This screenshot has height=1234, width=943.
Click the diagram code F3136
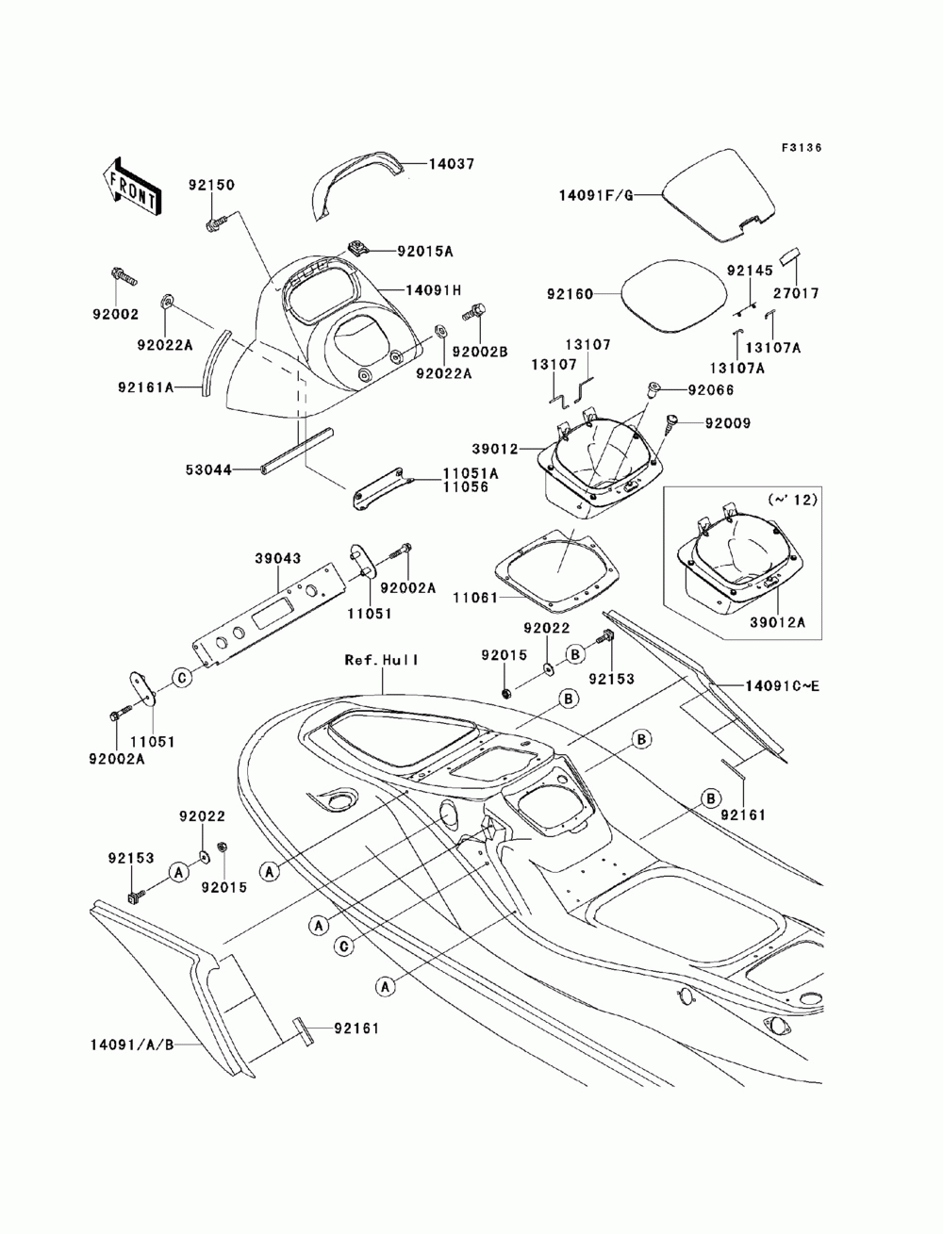[x=801, y=148]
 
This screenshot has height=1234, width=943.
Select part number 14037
[x=452, y=164]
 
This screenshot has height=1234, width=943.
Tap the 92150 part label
[x=211, y=185]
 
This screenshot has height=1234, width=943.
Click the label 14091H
[x=434, y=290]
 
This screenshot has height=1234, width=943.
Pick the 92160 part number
[x=570, y=294]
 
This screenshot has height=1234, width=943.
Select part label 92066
[x=711, y=389]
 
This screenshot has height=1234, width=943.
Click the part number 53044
[x=208, y=469]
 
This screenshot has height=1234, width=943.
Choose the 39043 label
[x=278, y=558]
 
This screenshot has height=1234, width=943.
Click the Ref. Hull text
[x=382, y=660]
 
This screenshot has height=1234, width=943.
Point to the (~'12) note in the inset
[x=792, y=500]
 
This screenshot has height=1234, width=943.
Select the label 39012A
[x=777, y=622]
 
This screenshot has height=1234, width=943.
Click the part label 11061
[x=475, y=598]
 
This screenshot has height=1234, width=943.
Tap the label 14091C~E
[x=782, y=686]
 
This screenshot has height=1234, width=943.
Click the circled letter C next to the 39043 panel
[x=182, y=678]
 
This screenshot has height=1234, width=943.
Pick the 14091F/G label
[x=595, y=195]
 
